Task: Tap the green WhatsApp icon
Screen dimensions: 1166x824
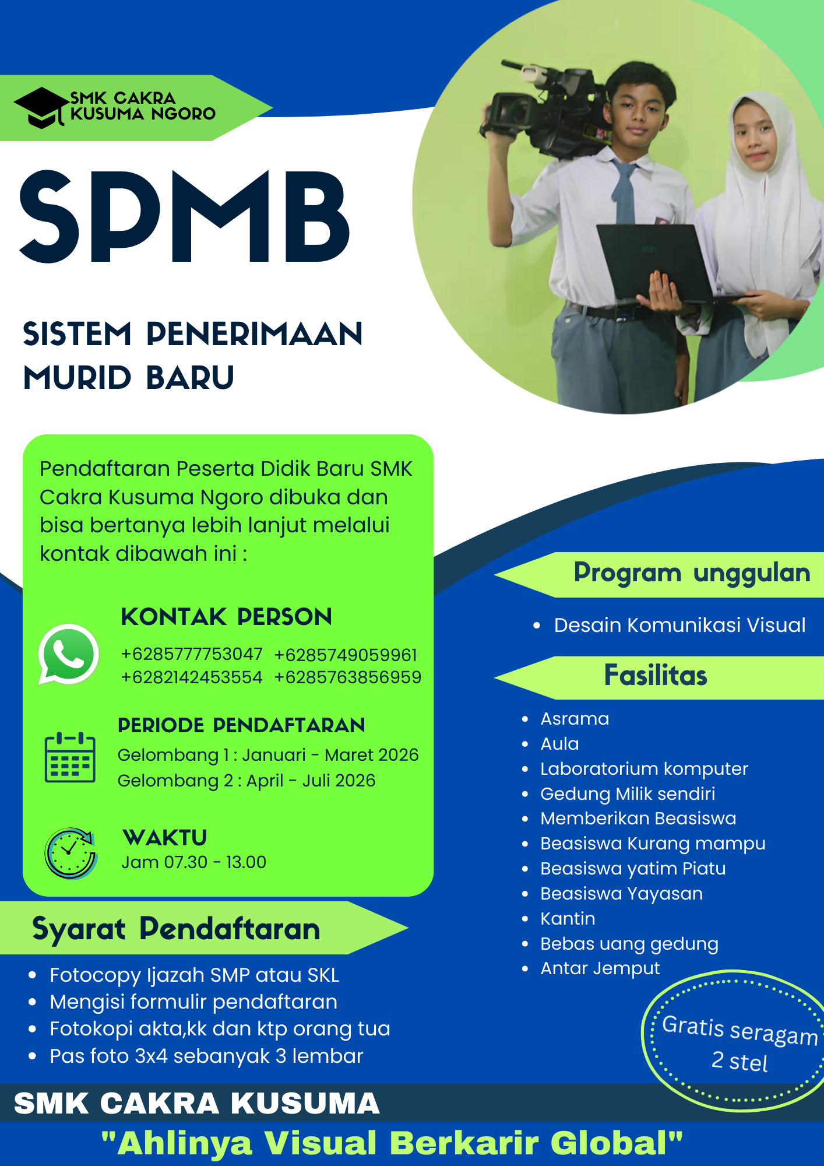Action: pos(69,654)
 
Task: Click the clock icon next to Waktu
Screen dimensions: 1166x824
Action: pos(71,853)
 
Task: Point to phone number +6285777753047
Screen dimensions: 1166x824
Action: pos(192,654)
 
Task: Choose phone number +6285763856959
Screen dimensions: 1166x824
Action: pos(347,677)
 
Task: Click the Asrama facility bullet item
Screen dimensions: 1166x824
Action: pos(575,719)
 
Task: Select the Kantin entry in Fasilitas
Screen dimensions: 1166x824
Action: pos(568,919)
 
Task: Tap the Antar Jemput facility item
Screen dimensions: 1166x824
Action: pos(600,968)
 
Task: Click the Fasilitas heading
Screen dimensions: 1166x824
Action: pos(656,676)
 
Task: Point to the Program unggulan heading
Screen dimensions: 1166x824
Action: pos(692,573)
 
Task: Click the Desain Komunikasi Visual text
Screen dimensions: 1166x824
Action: pos(679,625)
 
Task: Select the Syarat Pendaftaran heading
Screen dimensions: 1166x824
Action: pos(176,929)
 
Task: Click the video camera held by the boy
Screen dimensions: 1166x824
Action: pos(542,114)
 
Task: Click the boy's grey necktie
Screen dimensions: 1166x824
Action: pos(625,192)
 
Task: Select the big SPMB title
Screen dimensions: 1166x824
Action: pos(185,217)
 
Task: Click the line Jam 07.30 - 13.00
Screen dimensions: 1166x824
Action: pos(193,862)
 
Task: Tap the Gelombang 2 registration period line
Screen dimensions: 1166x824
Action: pos(247,781)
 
